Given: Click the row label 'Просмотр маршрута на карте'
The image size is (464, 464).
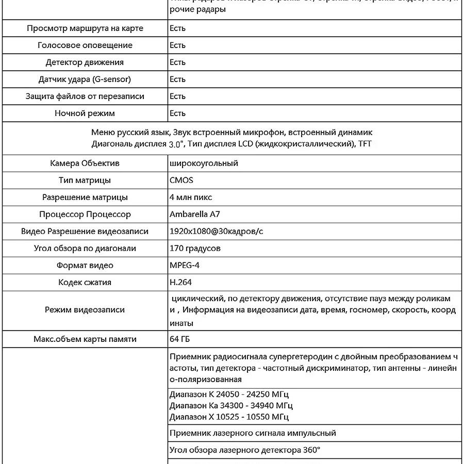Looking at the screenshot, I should pyautogui.click(x=85, y=28).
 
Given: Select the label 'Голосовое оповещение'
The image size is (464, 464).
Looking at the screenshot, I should pyautogui.click(x=85, y=45).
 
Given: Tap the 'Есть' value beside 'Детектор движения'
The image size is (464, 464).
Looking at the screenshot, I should pyautogui.click(x=177, y=62).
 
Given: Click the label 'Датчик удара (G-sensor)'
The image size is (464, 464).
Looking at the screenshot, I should pyautogui.click(x=85, y=79).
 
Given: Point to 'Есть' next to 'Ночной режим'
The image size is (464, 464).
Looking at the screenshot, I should pyautogui.click(x=177, y=113).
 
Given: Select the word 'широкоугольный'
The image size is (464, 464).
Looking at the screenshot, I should pyautogui.click(x=204, y=163).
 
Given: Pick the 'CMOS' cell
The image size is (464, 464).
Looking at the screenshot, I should pyautogui.click(x=181, y=180).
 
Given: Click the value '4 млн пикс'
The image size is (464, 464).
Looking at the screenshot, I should pyautogui.click(x=191, y=197).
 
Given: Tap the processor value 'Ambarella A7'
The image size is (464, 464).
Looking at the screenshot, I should pyautogui.click(x=195, y=214).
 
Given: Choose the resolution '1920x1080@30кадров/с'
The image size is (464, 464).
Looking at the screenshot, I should pyautogui.click(x=216, y=231).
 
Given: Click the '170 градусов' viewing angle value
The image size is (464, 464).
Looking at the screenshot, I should pyautogui.click(x=195, y=248).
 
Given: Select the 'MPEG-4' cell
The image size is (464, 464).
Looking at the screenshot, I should pyautogui.click(x=185, y=266).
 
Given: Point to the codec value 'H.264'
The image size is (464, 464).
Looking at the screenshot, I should pyautogui.click(x=180, y=283).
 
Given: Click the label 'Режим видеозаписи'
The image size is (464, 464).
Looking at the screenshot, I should pyautogui.click(x=85, y=310).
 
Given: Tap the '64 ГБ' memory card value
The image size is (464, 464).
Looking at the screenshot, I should pyautogui.click(x=180, y=339).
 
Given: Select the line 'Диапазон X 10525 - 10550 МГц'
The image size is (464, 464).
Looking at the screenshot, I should pyautogui.click(x=229, y=417).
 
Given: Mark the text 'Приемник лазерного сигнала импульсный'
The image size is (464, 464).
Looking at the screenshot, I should pyautogui.click(x=253, y=434).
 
